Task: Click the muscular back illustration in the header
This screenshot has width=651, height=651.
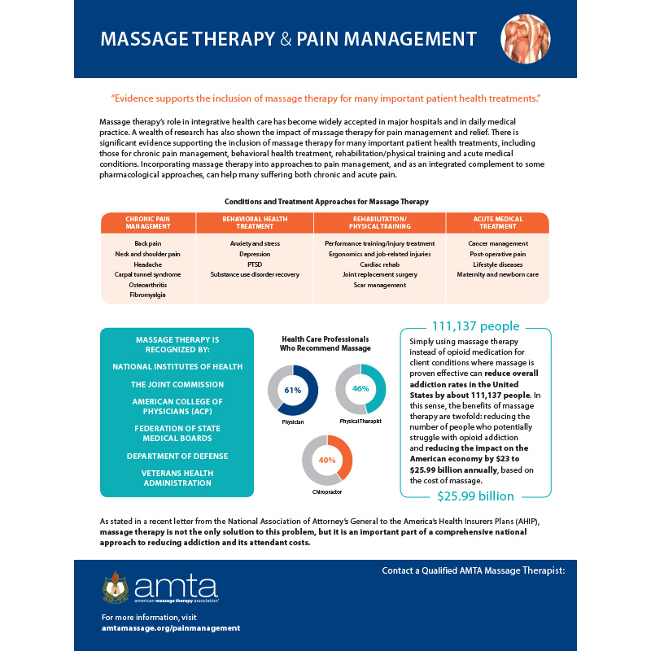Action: (x=525, y=39)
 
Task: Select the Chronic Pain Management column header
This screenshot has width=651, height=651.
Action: (x=147, y=223)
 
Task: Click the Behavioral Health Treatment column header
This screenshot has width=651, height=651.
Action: (x=254, y=223)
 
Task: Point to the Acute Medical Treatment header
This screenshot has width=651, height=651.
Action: (x=497, y=223)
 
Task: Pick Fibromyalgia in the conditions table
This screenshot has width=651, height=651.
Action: (x=147, y=295)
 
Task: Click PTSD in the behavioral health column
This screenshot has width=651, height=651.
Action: (x=254, y=264)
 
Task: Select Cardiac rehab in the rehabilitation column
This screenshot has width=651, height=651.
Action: (x=379, y=264)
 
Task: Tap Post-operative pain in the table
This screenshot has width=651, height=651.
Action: (x=497, y=254)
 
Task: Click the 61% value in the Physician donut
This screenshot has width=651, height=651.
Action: (x=293, y=391)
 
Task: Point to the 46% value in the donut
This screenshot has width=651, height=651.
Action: (x=361, y=389)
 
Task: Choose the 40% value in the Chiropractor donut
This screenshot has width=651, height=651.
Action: (x=327, y=461)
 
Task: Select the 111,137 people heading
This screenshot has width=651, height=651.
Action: (x=477, y=327)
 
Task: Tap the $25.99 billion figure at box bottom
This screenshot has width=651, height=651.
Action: (x=476, y=496)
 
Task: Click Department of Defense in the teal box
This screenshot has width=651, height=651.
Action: (x=177, y=456)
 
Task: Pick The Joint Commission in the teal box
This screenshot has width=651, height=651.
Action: (x=177, y=384)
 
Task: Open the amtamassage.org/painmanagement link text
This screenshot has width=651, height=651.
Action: (x=170, y=628)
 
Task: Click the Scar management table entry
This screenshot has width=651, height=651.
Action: (x=379, y=286)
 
